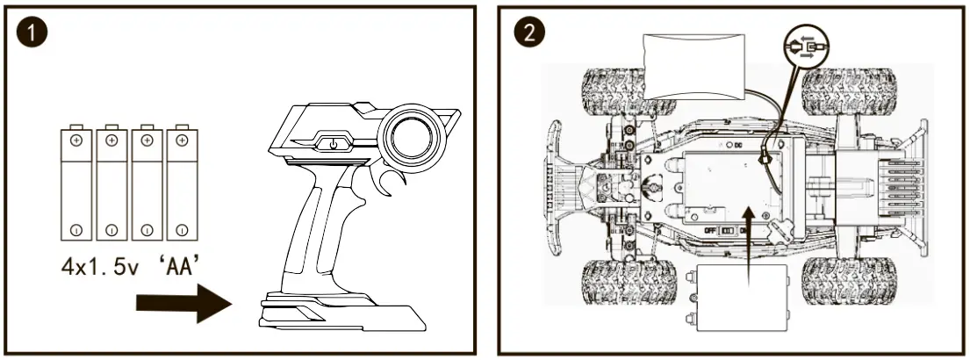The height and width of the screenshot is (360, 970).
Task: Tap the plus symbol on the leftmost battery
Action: click(76, 140)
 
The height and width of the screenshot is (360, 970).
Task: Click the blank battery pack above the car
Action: click(694, 64)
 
